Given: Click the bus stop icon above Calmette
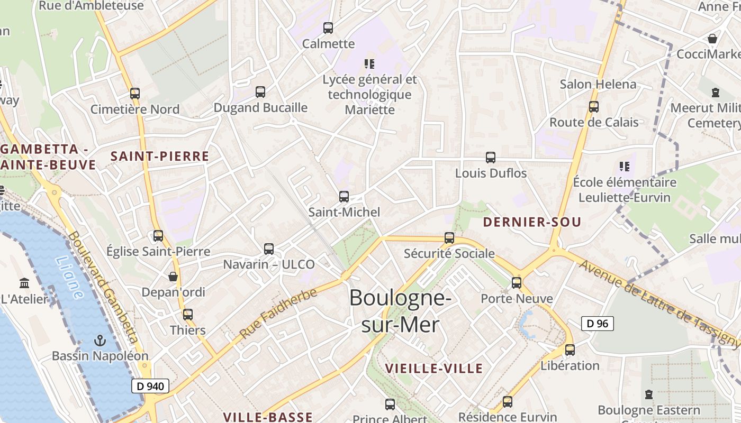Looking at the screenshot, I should click(328, 28).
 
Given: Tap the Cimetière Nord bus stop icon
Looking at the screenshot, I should click(135, 94).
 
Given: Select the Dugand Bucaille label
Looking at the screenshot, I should click(260, 108).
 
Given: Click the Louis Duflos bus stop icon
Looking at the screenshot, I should click(491, 158).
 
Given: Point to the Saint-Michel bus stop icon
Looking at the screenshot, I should click(344, 197).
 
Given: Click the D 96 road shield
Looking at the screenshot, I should click(598, 324).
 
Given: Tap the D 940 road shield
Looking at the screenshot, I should click(150, 386).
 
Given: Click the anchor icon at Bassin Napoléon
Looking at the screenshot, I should click(100, 341).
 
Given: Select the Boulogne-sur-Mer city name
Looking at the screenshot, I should click(400, 311).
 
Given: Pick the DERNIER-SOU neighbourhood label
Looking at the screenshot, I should click(532, 222).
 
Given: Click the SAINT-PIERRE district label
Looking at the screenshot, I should click(160, 157).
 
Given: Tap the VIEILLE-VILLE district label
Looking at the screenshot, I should click(433, 369).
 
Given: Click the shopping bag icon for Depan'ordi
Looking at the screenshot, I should click(173, 277).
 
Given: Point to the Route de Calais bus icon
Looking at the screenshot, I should click(594, 107).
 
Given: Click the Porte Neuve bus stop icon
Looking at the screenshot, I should click(517, 283).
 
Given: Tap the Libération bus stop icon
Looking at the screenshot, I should click(570, 350).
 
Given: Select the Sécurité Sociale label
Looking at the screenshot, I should click(449, 254).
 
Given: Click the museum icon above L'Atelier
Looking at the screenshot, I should click(24, 283).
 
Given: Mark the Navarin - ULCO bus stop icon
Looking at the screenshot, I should click(269, 249).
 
